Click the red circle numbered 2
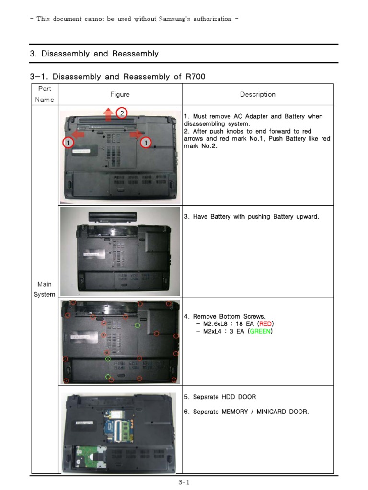122,113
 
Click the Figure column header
120,94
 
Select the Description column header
258,94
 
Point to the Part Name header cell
45,94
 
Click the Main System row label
45,290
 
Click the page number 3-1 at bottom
184,483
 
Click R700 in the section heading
195,77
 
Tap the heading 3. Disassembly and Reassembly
94,54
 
